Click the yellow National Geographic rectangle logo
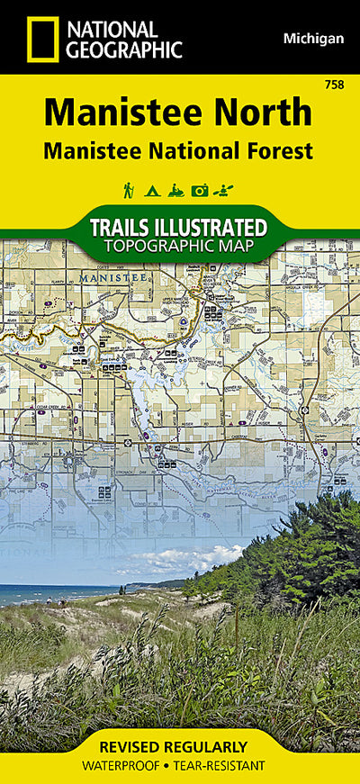41,39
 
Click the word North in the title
265,113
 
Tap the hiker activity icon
129,190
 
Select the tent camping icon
151,190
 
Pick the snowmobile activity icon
175,190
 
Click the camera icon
200,190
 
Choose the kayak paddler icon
225,190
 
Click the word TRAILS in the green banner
128,227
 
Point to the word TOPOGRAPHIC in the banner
153,246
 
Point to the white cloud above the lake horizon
180,560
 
